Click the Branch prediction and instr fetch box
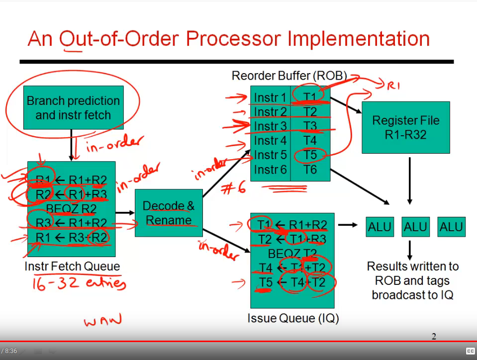(73, 107)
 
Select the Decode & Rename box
(169, 213)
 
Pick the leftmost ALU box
(380, 227)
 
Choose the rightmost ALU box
(451, 227)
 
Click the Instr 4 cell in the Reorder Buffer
(270, 141)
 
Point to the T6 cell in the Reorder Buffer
(310, 170)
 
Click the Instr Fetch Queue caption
(72, 267)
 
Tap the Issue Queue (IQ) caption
(293, 318)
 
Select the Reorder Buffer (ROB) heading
(289, 76)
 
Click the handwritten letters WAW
(102, 321)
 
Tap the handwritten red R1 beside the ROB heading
(393, 86)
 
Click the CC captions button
(470, 351)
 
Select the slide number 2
(434, 337)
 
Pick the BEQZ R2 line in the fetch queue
(71, 208)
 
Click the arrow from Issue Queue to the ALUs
(348, 225)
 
